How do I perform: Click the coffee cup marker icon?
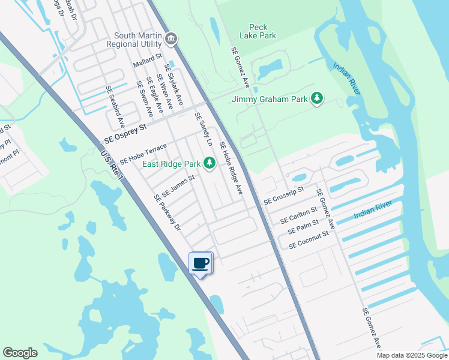pyautogui.click(x=201, y=263)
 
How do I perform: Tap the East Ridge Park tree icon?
pyautogui.click(x=209, y=163)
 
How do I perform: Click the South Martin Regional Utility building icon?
pyautogui.click(x=171, y=40)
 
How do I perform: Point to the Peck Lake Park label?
pyautogui.click(x=262, y=31)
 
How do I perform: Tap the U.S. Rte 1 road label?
pyautogui.click(x=112, y=166)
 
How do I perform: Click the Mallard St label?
pyautogui.click(x=148, y=58)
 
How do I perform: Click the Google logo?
pyautogui.click(x=20, y=353)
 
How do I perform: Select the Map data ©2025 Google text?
pyautogui.click(x=412, y=355)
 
